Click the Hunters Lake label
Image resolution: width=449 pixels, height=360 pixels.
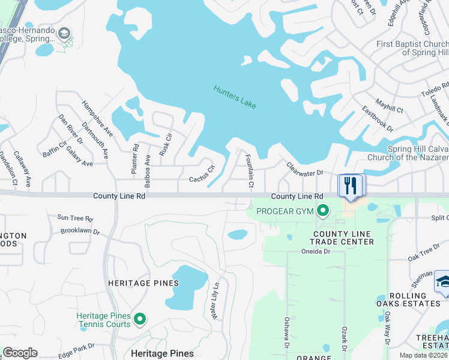(x=235, y=97)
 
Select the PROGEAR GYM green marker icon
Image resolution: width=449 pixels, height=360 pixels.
(x=323, y=210)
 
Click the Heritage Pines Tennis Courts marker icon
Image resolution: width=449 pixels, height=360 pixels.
(x=140, y=319)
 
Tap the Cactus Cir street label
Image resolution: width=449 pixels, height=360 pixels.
(x=202, y=175)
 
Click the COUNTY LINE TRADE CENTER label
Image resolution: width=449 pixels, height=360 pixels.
(x=343, y=238)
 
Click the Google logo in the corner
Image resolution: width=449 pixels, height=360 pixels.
(x=20, y=353)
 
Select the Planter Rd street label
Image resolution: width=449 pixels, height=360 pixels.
(x=135, y=160)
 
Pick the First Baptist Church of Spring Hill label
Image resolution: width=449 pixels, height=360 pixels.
(x=412, y=48)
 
